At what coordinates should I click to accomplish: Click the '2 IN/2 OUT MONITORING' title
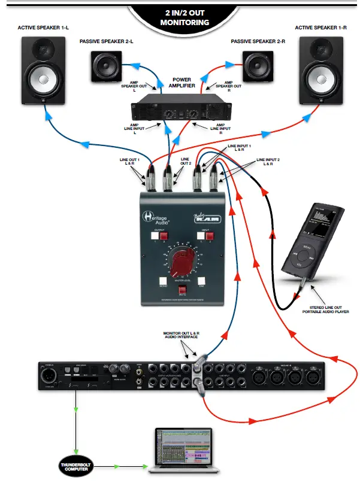tap(184, 17)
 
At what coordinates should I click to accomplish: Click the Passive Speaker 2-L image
tap(108, 66)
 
